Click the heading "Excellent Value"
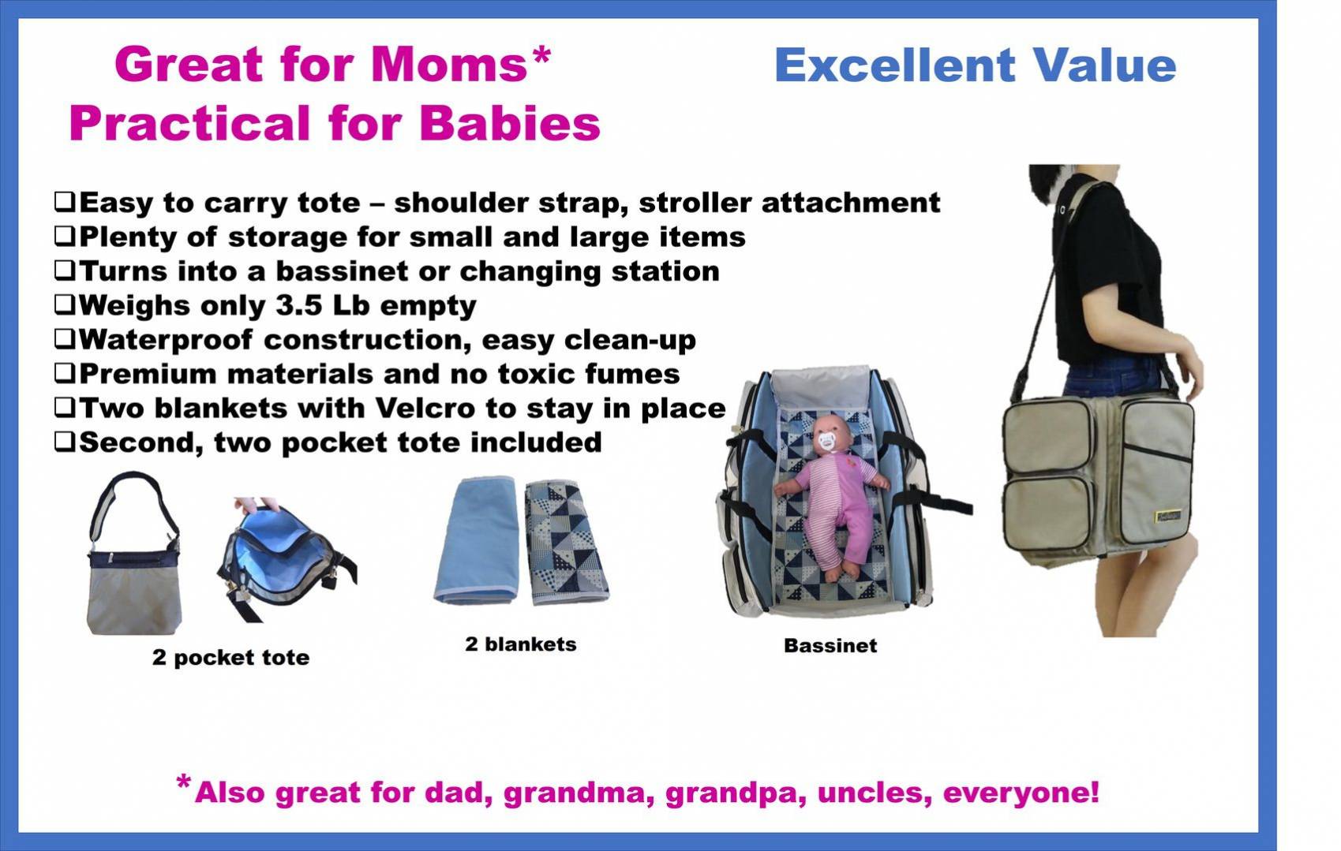(976, 65)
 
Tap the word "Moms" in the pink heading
(449, 64)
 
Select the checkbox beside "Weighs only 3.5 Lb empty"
(65, 304)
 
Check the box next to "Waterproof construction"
(65, 338)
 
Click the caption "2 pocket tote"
(230, 657)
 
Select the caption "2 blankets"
(520, 644)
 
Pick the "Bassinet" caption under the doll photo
(830, 645)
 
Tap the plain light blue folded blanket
(476, 539)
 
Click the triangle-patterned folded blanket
(567, 542)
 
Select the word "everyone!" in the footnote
(1021, 793)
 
